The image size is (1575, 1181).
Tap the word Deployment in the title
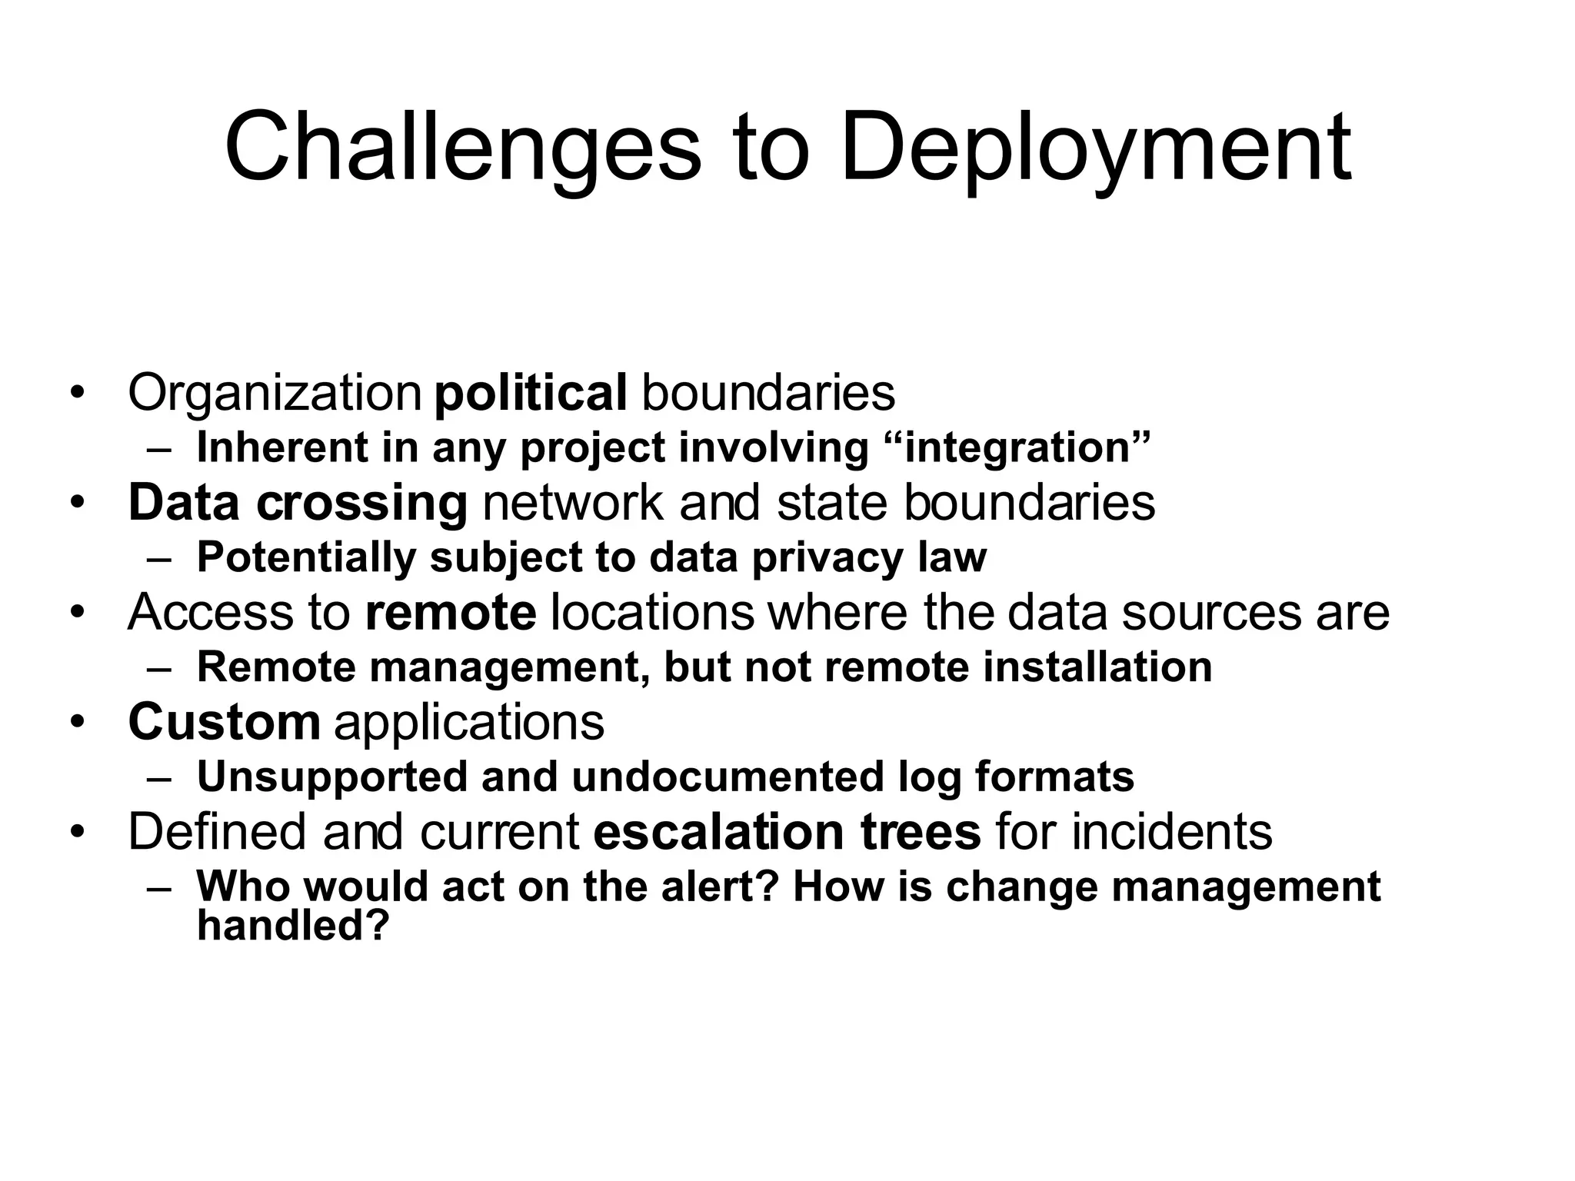[x=1095, y=148]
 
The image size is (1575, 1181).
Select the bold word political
[x=531, y=393]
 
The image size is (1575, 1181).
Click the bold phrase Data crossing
[x=298, y=503]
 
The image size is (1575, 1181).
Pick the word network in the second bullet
[x=572, y=503]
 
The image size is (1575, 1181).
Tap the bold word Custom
[x=224, y=722]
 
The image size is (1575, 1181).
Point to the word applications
[x=469, y=722]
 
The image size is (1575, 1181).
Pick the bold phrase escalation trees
[x=787, y=832]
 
